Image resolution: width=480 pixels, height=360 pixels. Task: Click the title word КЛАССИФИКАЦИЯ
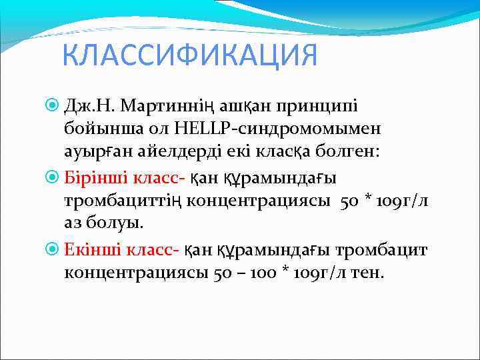(x=190, y=55)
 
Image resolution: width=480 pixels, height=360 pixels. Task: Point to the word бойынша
(x=101, y=129)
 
